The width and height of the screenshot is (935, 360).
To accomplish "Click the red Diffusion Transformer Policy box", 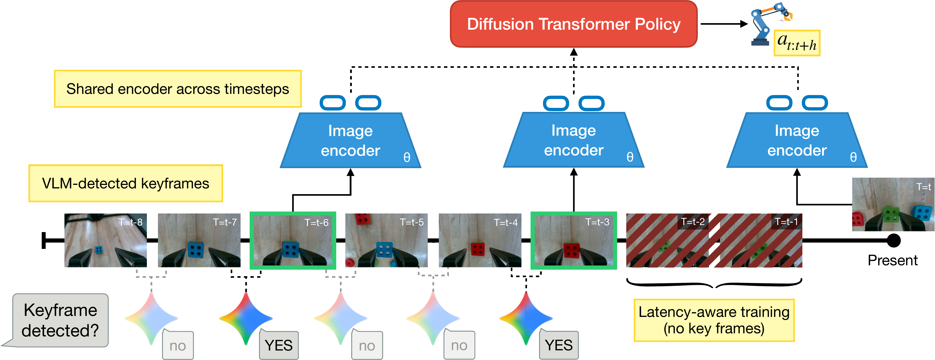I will point(573,24).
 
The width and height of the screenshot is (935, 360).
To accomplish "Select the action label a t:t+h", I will point(797,43).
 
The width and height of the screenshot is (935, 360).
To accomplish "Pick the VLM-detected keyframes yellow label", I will point(126,183).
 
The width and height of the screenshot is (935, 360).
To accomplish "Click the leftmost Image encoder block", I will point(350,141).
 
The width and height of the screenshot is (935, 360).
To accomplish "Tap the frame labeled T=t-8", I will point(106,240).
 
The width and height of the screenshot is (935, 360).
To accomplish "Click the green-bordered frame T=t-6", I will point(293,240).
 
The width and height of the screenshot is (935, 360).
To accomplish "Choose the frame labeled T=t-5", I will point(386,240).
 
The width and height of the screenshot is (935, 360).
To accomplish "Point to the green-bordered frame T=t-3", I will point(573,240).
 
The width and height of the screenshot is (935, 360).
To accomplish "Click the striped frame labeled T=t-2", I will point(667,240).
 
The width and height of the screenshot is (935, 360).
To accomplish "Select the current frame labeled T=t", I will point(893,204).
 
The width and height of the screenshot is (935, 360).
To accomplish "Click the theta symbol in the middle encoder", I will point(630,157).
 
